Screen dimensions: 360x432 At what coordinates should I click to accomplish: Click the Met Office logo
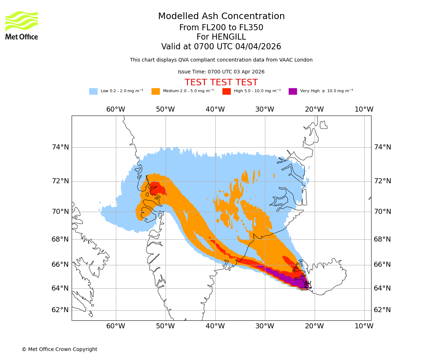[x=22, y=25]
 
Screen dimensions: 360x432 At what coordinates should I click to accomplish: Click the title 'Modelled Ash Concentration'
[x=221, y=17]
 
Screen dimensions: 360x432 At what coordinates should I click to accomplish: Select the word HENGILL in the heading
[x=228, y=37]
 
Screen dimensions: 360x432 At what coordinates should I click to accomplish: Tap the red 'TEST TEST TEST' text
[x=221, y=83]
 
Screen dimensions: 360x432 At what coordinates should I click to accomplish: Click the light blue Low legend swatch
[x=93, y=91]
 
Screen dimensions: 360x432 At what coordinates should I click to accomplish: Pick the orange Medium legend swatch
[x=156, y=91]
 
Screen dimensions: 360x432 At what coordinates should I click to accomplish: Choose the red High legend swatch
[x=226, y=91]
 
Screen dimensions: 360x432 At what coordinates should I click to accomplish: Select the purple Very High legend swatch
[x=293, y=91]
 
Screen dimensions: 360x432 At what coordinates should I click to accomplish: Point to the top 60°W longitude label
[x=116, y=109]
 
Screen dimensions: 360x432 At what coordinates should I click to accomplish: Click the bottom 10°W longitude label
[x=364, y=326]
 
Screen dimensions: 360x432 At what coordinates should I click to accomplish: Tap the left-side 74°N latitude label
[x=60, y=147]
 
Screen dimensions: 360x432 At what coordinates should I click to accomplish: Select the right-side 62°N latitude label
[x=382, y=310]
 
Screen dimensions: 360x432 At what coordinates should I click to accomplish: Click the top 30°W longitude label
[x=265, y=109]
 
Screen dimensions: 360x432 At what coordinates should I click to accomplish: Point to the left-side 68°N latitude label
[x=60, y=239]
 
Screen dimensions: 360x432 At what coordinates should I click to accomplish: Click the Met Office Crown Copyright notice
[x=59, y=349]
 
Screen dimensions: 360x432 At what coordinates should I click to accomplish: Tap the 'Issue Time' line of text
[x=221, y=72]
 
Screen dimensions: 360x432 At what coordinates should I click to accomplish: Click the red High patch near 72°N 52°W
[x=157, y=188]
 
